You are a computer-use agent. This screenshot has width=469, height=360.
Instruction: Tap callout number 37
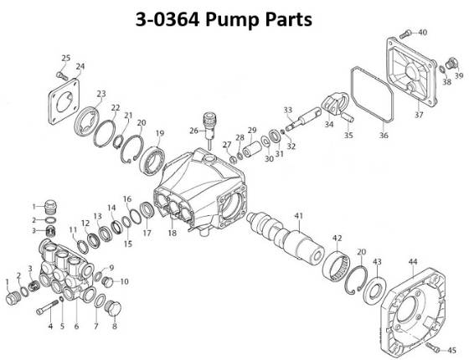click(419, 115)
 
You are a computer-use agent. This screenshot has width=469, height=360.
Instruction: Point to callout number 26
click(193, 130)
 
